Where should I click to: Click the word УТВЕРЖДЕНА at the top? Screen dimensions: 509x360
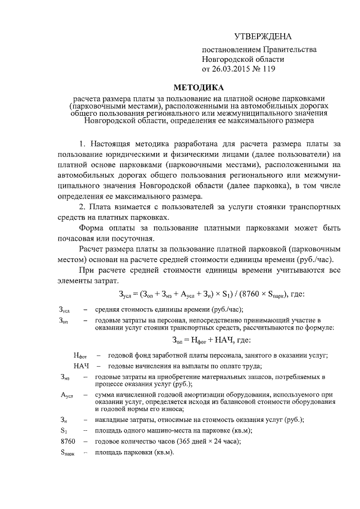[x=263, y=37]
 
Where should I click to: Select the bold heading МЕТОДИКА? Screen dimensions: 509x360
[x=198, y=87]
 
